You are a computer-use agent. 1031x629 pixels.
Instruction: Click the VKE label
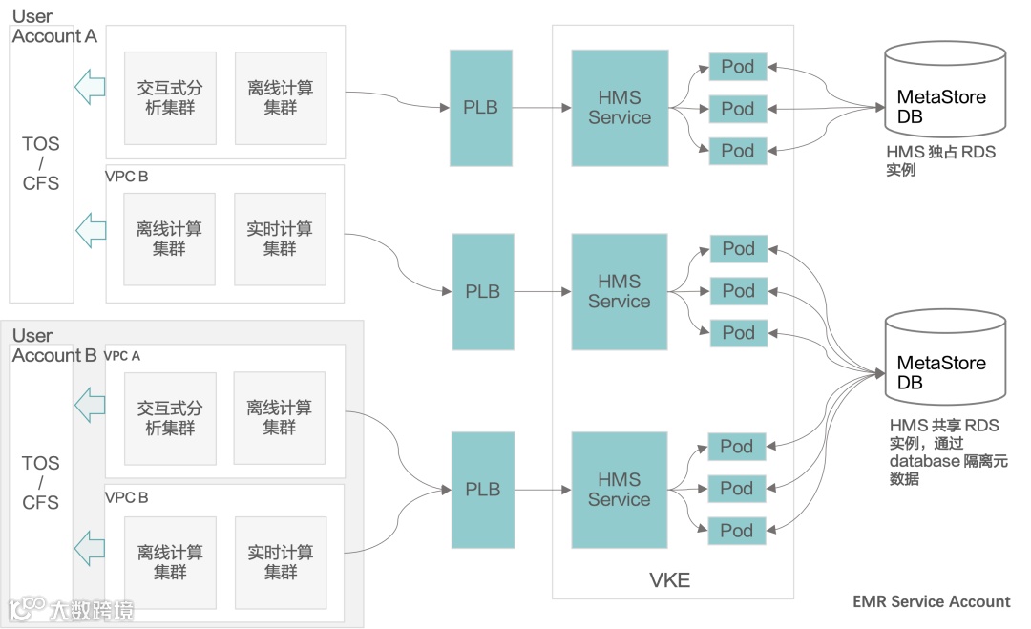pos(669,580)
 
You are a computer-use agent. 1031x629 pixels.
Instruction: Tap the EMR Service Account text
pos(931,601)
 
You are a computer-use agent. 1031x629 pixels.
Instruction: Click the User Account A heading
pos(53,27)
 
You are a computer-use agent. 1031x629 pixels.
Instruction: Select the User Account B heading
pos(53,346)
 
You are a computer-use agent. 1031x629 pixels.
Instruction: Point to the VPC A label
pos(122,356)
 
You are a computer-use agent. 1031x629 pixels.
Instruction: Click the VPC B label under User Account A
pos(126,177)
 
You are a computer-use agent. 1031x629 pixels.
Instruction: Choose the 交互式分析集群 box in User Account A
pos(170,98)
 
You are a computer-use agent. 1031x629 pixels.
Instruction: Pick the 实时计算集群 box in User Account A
pos(280,239)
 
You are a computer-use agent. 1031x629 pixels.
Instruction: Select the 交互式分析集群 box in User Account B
pos(170,418)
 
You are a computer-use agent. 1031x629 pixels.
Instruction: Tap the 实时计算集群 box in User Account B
pos(281,562)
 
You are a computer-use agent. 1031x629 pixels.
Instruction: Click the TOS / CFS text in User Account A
pos(41,163)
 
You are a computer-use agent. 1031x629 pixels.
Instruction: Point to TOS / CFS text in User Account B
pos(41,482)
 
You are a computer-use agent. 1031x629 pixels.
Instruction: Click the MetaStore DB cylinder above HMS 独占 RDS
pos(945,89)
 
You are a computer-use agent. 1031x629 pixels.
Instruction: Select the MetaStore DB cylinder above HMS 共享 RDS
pos(945,356)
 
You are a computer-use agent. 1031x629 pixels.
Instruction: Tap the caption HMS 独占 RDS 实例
pos(941,160)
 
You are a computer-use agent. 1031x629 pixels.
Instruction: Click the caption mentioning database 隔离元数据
pos(948,451)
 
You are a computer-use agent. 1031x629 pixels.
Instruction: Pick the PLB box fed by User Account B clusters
pos(483,490)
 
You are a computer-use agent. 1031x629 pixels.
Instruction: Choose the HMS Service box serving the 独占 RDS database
pos(620,108)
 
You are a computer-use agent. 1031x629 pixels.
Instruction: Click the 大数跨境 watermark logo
pos(71,609)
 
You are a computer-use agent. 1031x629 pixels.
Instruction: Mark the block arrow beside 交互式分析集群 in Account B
pos(90,405)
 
